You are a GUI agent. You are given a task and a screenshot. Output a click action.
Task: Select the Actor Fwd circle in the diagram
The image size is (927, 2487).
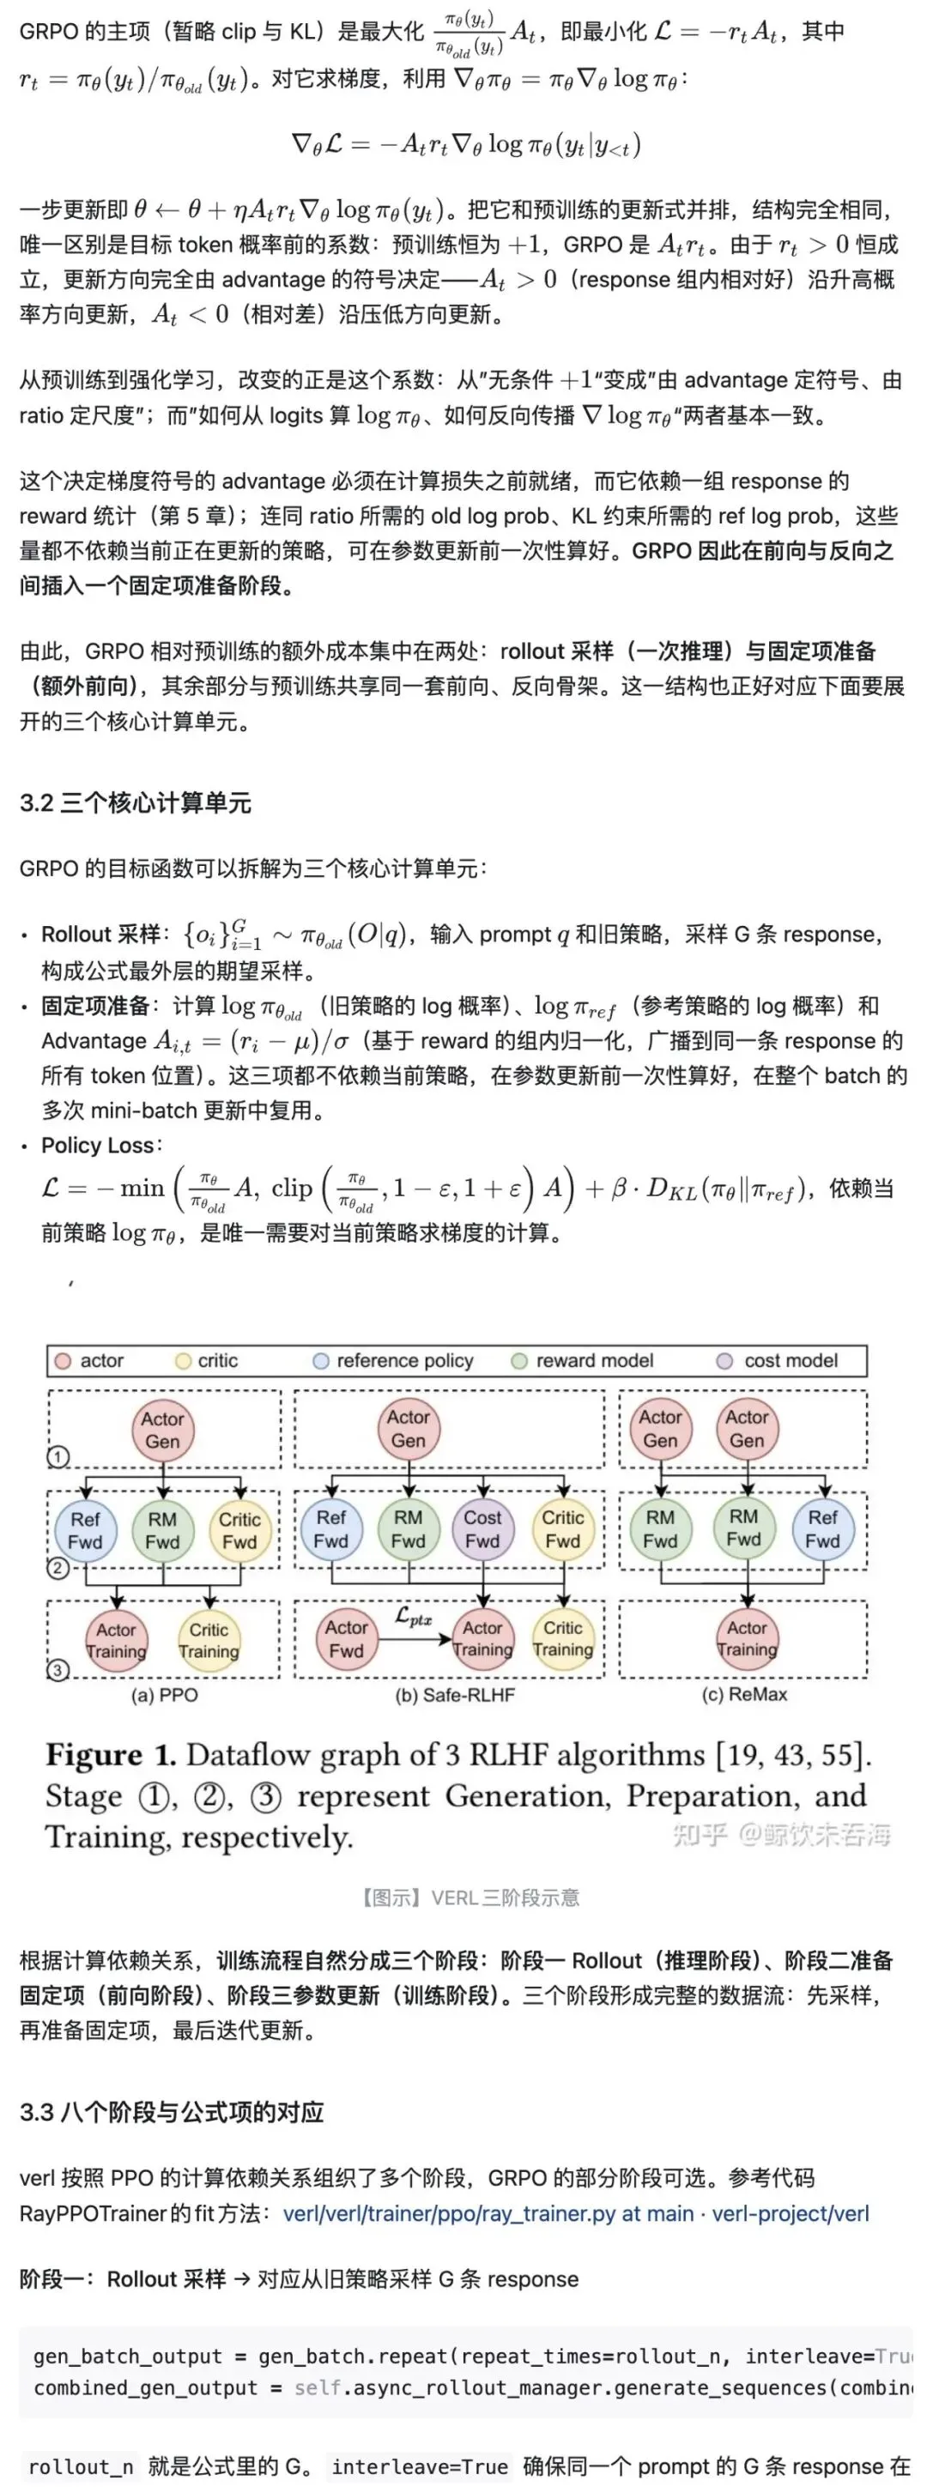(346, 1638)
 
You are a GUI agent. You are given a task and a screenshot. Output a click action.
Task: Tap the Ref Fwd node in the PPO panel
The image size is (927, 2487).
(85, 1530)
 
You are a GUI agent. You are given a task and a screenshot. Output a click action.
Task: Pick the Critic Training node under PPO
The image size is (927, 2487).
(209, 1640)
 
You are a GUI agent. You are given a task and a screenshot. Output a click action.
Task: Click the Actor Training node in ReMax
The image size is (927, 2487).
(747, 1638)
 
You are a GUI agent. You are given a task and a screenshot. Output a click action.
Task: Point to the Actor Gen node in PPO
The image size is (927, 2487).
(162, 1430)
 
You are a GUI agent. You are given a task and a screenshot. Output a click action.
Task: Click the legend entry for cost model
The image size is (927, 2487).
(778, 1360)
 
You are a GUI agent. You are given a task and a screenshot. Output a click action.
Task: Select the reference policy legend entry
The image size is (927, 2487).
(394, 1360)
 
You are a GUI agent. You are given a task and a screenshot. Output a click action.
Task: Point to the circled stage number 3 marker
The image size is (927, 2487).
(58, 1670)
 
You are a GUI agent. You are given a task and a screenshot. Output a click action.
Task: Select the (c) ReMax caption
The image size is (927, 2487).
(743, 1694)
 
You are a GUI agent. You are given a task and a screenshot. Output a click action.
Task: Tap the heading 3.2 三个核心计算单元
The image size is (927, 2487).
(136, 802)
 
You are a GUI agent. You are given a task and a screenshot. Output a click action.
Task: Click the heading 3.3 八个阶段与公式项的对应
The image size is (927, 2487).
(172, 2111)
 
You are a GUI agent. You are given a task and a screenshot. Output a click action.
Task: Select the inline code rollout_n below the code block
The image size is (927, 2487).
(81, 2466)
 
